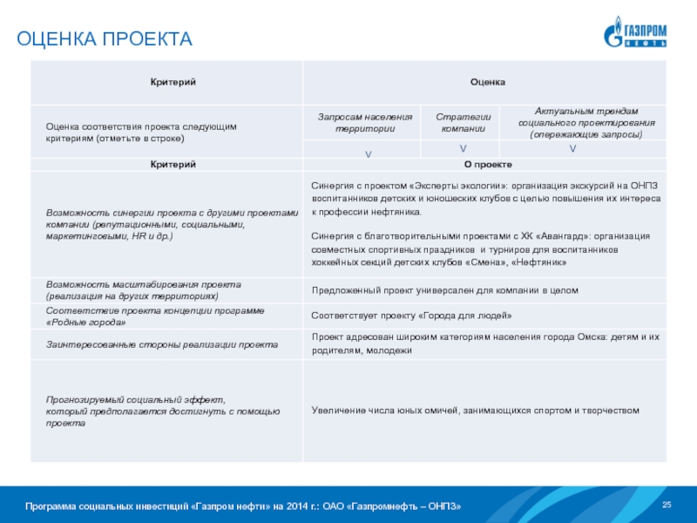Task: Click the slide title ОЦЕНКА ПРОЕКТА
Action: coord(105,39)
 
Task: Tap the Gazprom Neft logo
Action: coord(636,32)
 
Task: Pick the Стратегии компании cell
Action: coord(463,122)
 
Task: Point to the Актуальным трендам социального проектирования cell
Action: coord(585,123)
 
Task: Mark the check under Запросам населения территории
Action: coord(368,153)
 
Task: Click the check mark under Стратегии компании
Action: coord(463,150)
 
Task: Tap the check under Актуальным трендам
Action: coord(572,150)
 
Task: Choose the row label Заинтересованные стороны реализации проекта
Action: coord(162,345)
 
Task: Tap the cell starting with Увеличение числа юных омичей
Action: coord(476,410)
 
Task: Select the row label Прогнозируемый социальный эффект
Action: coord(135,399)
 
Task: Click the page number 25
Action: coord(668,506)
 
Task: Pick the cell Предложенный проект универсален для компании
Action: coord(445,289)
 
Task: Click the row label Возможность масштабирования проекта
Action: coord(144,284)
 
